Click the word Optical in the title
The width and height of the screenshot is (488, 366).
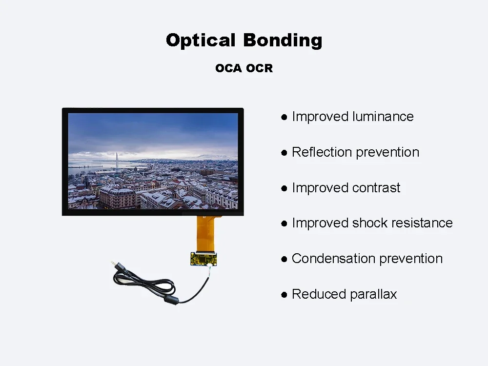coord(201,41)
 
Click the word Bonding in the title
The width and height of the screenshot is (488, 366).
coord(283,41)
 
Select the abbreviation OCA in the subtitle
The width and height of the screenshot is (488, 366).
coord(228,68)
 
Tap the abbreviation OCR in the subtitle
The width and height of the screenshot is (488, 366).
coord(259,68)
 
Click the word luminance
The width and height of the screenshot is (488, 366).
coord(383,117)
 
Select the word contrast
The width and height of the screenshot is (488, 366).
coord(376,188)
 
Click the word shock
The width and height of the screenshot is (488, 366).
coord(370,223)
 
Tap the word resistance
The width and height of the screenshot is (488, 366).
coord(422,223)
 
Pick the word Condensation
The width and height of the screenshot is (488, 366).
coord(333,259)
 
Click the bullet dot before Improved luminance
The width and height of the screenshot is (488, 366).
coord(284,117)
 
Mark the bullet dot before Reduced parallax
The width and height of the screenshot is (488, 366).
coord(284,295)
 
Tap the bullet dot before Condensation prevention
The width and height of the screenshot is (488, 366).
coord(284,259)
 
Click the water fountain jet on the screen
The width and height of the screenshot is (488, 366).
coord(117,161)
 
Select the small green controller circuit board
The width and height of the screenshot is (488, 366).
coord(203,259)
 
